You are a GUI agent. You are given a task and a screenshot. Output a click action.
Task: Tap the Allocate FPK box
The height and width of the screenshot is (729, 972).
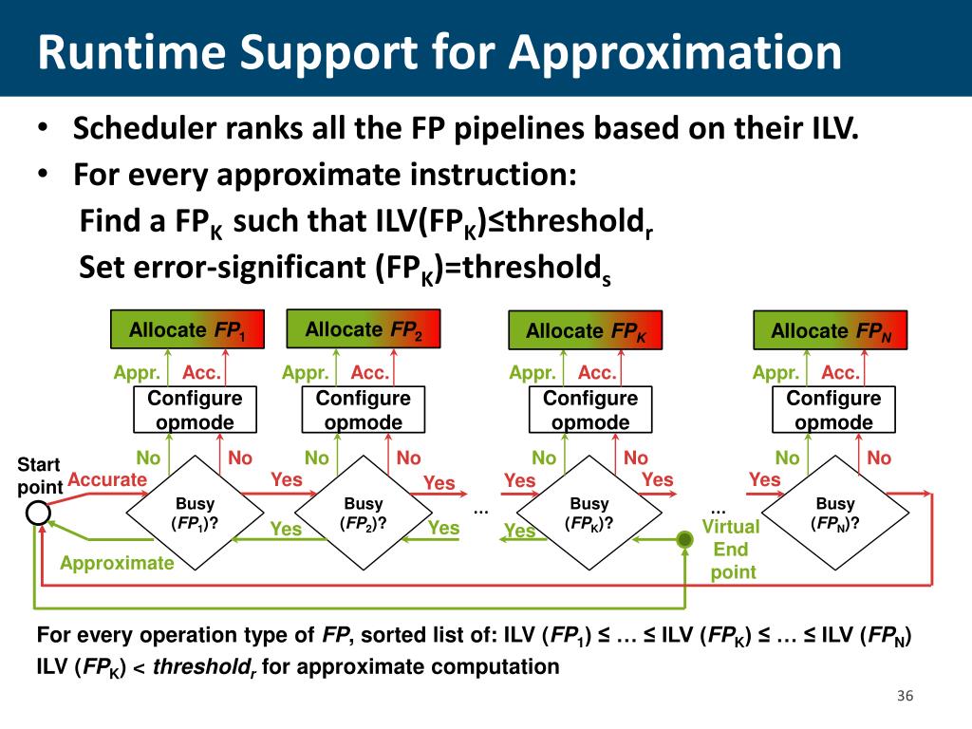587,331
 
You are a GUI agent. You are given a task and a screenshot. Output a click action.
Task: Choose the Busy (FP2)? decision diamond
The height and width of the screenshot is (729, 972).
363,514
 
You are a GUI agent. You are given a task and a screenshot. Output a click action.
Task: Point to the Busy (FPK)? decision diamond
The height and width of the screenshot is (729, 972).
589,514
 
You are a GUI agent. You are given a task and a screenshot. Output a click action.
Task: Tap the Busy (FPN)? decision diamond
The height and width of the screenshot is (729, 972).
835,514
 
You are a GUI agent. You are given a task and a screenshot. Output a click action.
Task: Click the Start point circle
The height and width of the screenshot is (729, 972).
38,514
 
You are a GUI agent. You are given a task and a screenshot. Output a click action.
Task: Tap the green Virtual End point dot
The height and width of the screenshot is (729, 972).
683,539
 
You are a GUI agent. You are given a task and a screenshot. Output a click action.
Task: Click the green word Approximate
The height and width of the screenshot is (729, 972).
117,564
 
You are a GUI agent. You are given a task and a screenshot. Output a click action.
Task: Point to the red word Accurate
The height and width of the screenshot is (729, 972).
107,480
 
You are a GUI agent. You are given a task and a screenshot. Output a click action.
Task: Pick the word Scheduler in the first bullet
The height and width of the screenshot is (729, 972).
143,128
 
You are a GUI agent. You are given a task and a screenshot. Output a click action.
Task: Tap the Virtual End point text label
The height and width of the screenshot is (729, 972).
732,549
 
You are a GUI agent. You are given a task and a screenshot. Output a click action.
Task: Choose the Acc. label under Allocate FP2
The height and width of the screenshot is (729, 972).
370,373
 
